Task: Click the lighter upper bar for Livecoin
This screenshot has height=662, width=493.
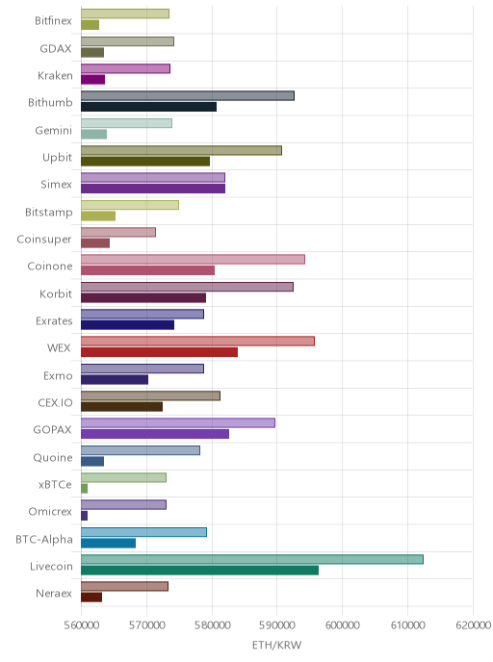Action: (252, 559)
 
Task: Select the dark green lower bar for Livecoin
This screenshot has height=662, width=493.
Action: (200, 571)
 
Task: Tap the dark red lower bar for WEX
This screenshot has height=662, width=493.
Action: (159, 352)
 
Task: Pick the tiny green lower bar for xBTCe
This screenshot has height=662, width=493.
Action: (85, 489)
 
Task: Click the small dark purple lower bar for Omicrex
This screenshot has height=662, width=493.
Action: (85, 516)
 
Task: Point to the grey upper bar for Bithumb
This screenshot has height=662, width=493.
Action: (188, 96)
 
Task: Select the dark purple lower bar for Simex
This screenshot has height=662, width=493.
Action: (153, 189)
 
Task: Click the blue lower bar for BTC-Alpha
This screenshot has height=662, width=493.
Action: (109, 543)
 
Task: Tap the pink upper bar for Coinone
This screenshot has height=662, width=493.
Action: (194, 259)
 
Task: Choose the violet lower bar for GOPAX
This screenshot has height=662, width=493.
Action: (155, 434)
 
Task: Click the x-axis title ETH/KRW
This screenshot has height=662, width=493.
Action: (276, 645)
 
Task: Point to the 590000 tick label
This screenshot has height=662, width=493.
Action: (276, 624)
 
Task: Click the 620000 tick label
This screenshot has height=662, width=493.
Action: (473, 624)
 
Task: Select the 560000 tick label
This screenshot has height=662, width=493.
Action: (81, 624)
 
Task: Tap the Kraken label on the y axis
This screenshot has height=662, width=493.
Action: (55, 76)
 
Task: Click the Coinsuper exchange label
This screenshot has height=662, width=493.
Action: (44, 240)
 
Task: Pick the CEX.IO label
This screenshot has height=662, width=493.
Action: (55, 403)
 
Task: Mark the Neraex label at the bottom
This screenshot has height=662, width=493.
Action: (54, 594)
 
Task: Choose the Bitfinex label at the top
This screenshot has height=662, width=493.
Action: (53, 21)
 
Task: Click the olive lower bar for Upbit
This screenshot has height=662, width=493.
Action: (145, 162)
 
